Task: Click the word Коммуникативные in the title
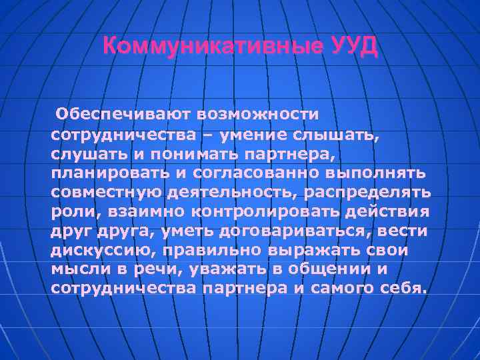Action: coord(214,47)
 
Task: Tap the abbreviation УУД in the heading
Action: coord(354,47)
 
